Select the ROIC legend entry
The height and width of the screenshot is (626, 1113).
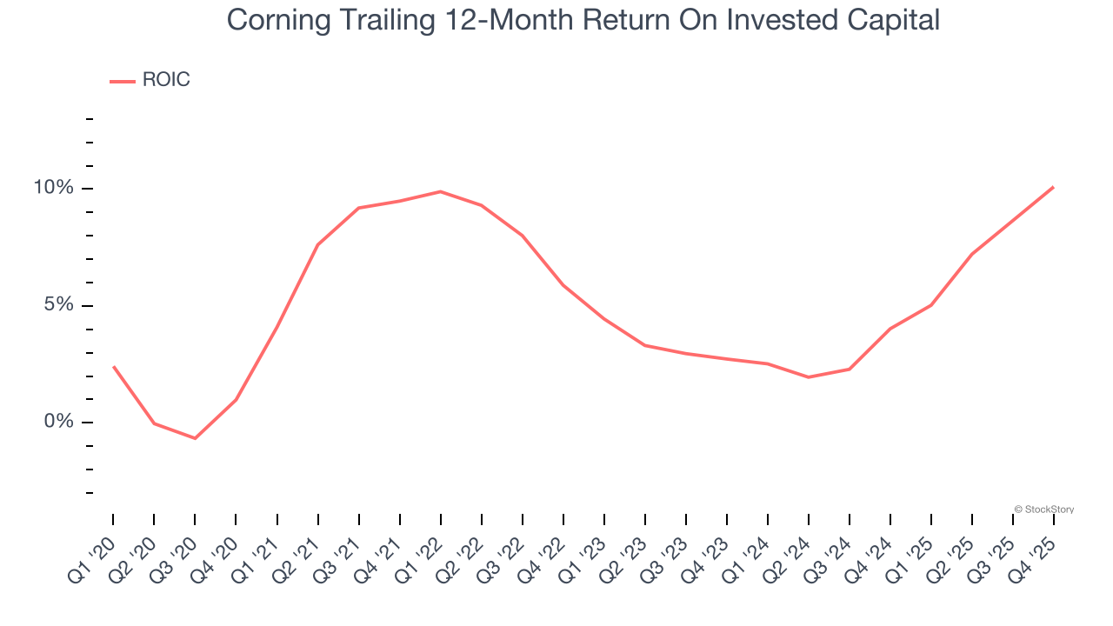[150, 80]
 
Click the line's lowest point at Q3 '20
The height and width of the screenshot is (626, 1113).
[195, 438]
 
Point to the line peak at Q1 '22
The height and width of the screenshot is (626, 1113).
[441, 191]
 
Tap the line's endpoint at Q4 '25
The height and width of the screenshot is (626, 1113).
[1054, 187]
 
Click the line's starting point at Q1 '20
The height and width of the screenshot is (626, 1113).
[113, 367]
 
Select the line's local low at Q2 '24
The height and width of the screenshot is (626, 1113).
[809, 377]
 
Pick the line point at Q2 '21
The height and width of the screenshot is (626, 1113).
[318, 244]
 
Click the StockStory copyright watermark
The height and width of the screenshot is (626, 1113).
[1044, 509]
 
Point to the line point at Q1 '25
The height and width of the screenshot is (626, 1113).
[931, 305]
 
